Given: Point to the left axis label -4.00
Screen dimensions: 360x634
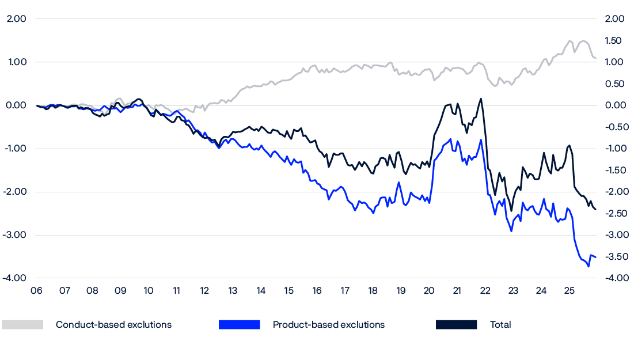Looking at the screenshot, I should click(x=16, y=278).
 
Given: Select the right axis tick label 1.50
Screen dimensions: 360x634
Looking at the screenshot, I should click(x=615, y=41).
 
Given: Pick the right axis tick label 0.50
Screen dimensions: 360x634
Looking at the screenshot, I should click(x=615, y=84).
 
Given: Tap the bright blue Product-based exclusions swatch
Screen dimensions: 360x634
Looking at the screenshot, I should click(x=240, y=325).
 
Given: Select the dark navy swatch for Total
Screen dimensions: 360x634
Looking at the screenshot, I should click(x=457, y=325).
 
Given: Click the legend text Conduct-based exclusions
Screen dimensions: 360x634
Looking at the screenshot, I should click(x=113, y=325).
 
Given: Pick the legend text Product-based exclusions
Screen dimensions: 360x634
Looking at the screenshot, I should click(x=329, y=325).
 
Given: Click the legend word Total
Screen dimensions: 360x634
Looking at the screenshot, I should click(x=500, y=325).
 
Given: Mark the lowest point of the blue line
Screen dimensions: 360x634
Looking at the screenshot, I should click(x=589, y=267).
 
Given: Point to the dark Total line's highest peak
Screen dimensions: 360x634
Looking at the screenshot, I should click(x=481, y=98).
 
